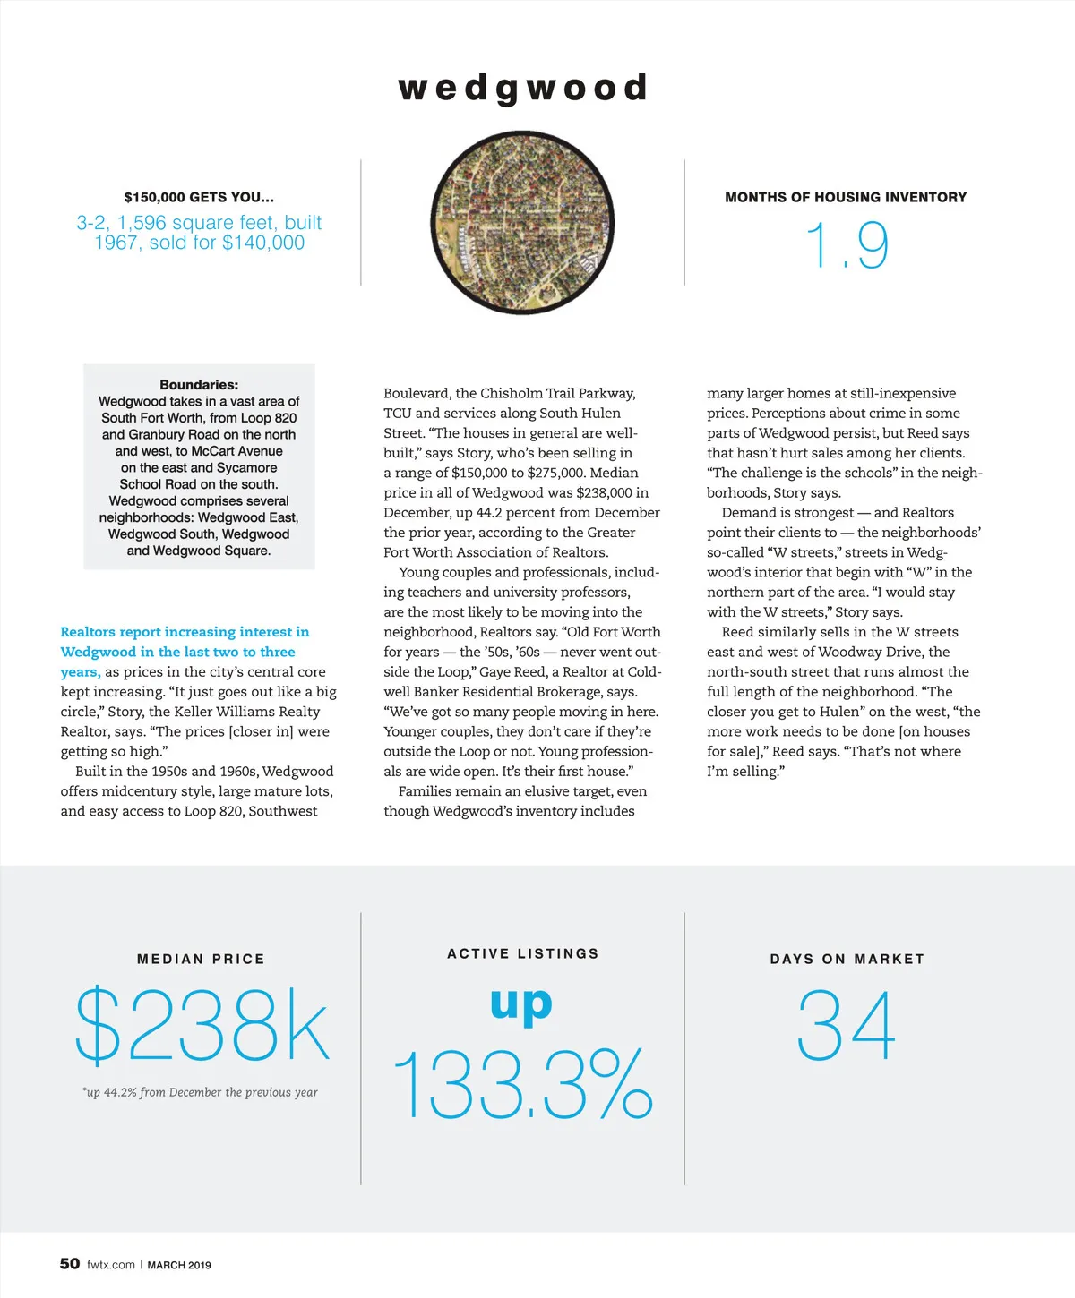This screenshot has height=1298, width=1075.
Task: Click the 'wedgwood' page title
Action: pos(523,89)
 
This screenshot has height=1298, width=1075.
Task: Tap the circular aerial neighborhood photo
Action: pos(523,222)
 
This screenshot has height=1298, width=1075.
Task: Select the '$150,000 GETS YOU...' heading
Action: pos(199,197)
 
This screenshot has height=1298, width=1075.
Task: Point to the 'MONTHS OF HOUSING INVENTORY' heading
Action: pos(846,197)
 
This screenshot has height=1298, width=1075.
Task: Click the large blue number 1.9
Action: pos(847,245)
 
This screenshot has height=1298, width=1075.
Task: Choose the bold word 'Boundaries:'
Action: pos(199,385)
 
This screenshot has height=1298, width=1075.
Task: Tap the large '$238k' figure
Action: pos(202,1026)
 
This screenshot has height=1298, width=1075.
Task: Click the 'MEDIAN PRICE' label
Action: pos(201,959)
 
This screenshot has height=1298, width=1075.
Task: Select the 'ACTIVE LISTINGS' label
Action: pos(523,953)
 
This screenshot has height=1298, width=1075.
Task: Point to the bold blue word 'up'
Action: pos(521,1004)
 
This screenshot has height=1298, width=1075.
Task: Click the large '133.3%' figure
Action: pos(523,1085)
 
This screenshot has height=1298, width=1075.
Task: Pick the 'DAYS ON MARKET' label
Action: pos(847,959)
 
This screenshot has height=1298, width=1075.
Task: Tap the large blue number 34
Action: pos(847,1026)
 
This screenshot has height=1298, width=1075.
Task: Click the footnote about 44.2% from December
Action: pos(200,1092)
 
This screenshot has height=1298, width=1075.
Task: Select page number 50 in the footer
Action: pos(70,1264)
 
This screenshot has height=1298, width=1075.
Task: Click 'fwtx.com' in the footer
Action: pos(111,1265)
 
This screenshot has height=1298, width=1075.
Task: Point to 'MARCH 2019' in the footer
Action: pos(179,1265)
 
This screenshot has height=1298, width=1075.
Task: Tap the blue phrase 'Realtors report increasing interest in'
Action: pos(185,632)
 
